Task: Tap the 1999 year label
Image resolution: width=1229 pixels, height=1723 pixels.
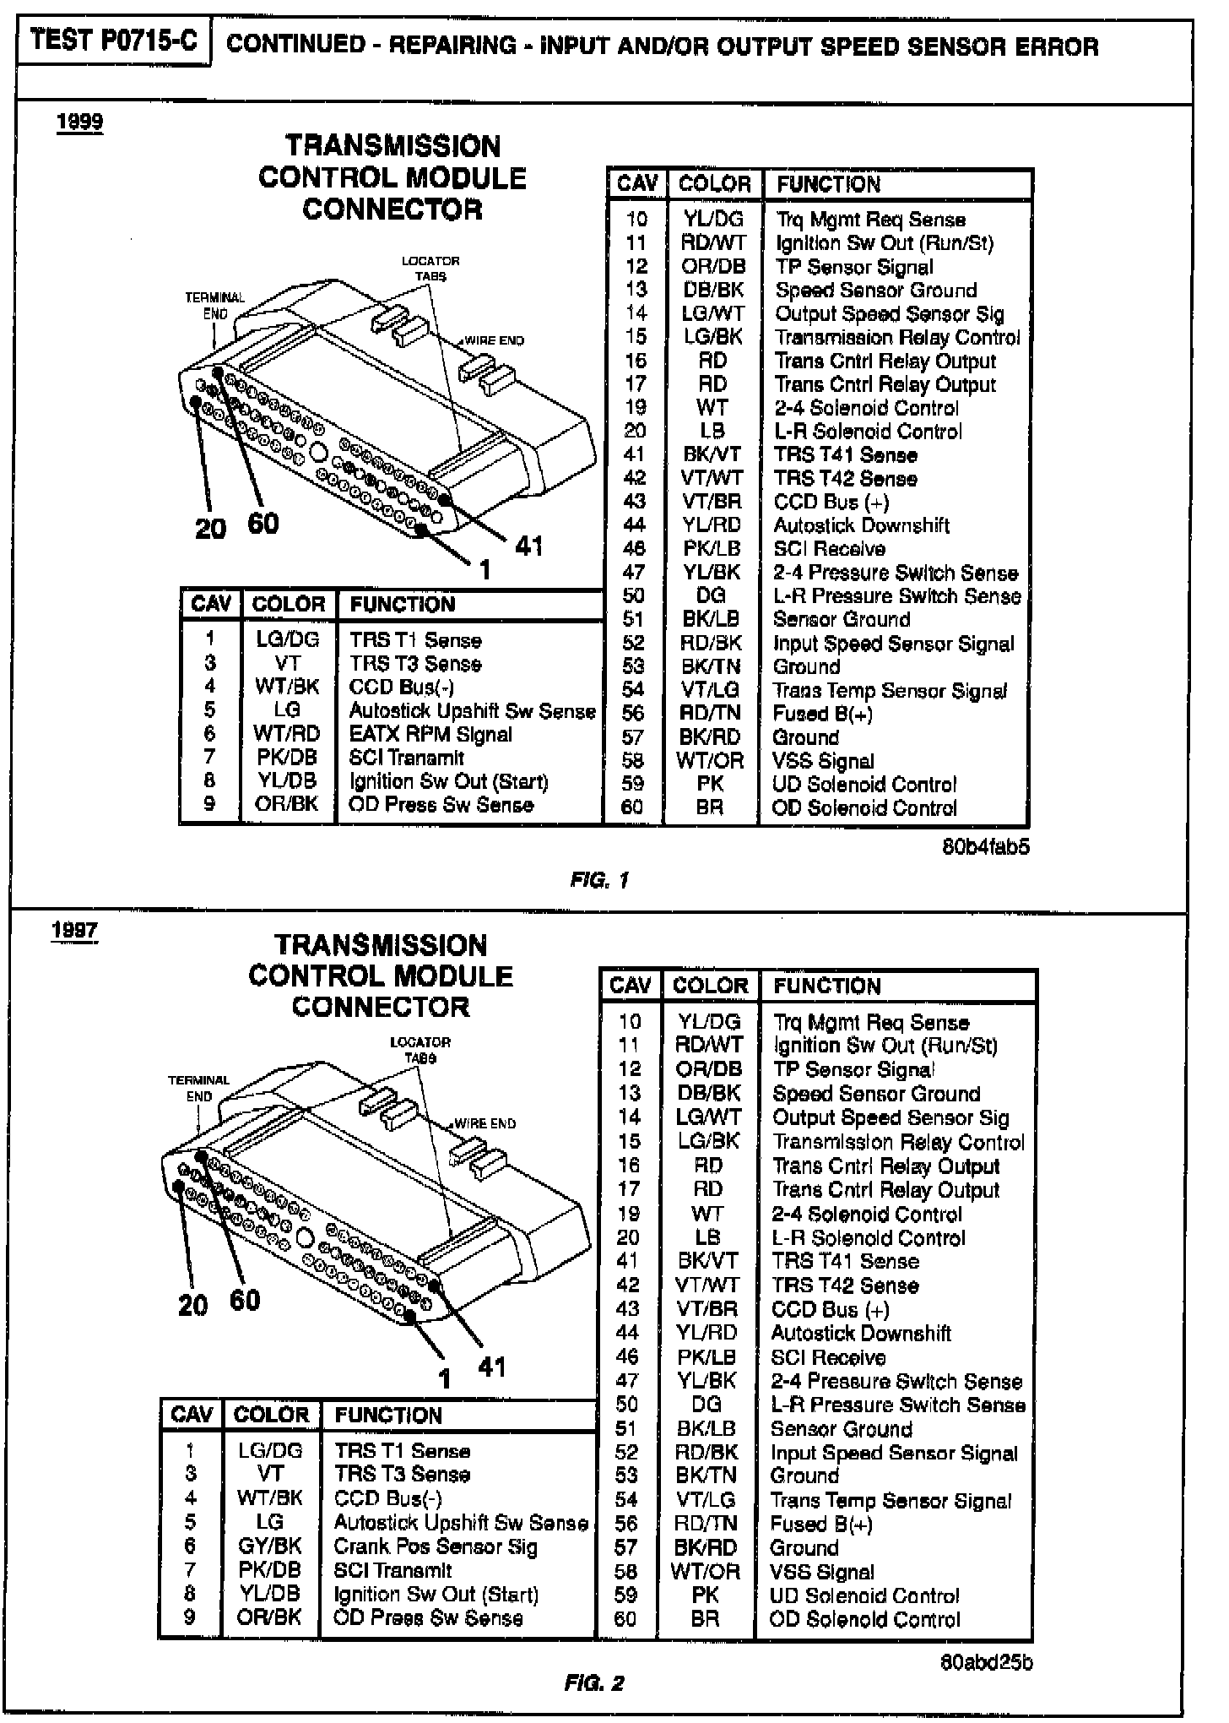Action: click(80, 122)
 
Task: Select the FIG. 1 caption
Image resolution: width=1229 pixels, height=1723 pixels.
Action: click(599, 880)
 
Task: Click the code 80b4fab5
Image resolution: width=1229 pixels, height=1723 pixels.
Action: click(985, 846)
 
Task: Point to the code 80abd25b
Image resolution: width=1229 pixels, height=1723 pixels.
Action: click(986, 1662)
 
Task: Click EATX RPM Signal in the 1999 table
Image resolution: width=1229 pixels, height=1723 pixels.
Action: click(430, 734)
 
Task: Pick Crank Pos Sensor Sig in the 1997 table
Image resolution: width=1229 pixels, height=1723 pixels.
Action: click(435, 1546)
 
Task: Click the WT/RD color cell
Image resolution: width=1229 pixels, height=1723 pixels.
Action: click(287, 734)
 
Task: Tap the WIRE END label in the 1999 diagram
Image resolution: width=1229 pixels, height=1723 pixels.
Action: click(495, 340)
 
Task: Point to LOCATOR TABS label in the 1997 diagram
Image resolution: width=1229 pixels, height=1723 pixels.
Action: click(420, 1050)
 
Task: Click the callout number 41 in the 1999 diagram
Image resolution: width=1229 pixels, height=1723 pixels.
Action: click(528, 546)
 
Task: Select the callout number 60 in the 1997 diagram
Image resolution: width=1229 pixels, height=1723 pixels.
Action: click(245, 1299)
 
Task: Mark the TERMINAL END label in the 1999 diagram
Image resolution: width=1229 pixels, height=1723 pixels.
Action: click(214, 305)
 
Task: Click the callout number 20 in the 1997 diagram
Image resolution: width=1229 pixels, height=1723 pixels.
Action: click(193, 1305)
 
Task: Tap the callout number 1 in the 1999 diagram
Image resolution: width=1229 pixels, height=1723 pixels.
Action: click(484, 571)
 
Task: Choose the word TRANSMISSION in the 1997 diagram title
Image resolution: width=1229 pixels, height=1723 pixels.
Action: click(381, 944)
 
